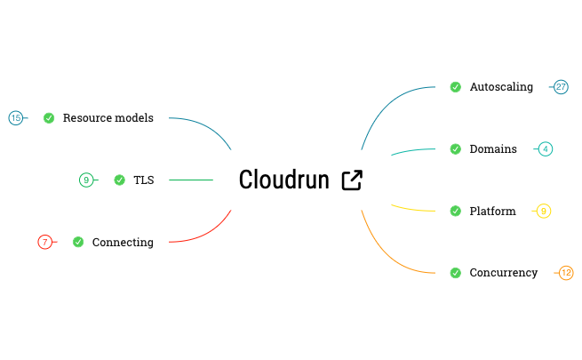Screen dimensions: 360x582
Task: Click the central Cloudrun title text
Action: [284, 180]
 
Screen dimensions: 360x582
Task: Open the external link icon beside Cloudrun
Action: [353, 180]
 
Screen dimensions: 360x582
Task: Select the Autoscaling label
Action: [501, 87]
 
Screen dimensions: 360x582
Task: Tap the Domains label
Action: [493, 149]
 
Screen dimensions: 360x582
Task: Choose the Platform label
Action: [492, 212]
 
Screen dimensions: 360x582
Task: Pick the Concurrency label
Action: [503, 273]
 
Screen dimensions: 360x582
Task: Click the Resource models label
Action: [108, 118]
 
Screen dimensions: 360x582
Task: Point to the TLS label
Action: [143, 180]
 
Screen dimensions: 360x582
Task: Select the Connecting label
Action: [123, 243]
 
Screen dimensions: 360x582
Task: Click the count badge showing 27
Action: [561, 87]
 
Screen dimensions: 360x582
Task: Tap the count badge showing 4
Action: [546, 149]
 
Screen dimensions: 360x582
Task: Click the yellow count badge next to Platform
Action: [544, 212]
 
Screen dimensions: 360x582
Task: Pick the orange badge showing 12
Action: [566, 273]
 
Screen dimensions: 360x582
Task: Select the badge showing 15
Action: [15, 118]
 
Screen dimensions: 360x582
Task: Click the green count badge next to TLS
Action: [86, 180]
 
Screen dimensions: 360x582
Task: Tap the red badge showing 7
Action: [45, 242]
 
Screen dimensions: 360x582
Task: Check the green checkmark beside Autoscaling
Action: [455, 87]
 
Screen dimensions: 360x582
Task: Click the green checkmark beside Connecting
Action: [78, 242]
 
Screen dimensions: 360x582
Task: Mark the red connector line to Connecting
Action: [213, 232]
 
